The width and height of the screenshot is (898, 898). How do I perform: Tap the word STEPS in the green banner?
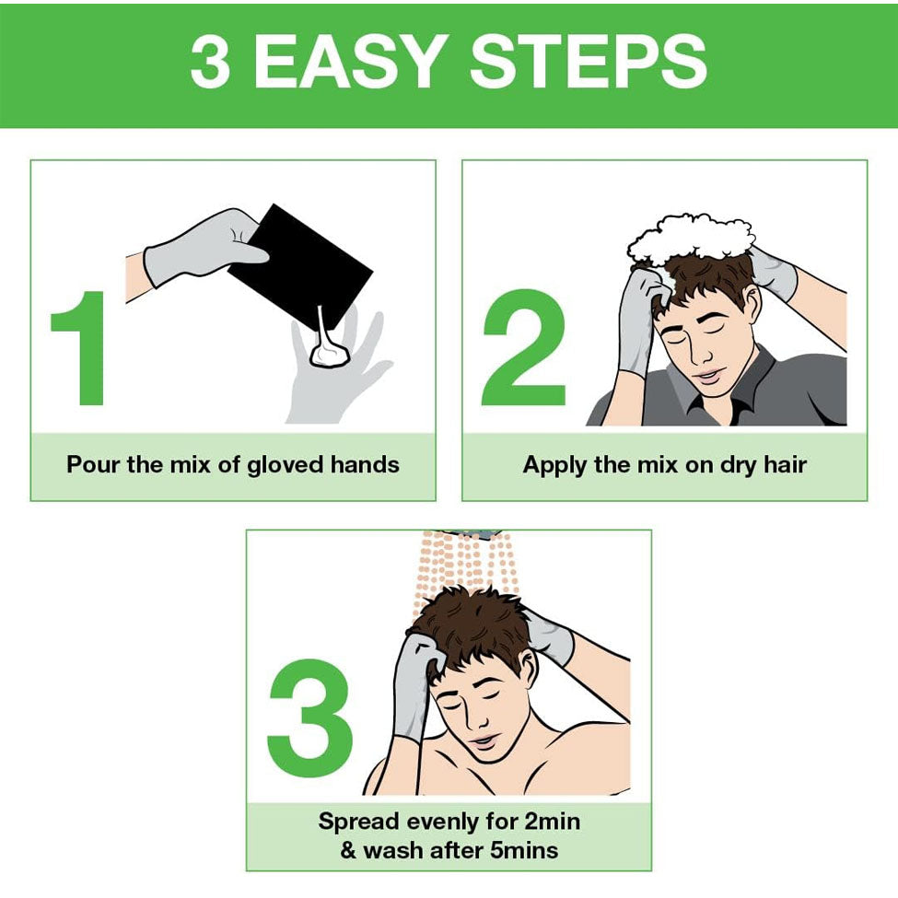pos(589,61)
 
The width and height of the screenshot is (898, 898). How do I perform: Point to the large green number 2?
pos(523,347)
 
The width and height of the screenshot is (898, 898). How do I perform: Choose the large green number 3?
pos(309,718)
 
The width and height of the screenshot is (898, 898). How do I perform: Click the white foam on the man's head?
pos(690,240)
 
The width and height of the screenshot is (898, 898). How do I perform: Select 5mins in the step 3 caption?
pos(523,850)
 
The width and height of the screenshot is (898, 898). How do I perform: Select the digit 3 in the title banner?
pos(210,61)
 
